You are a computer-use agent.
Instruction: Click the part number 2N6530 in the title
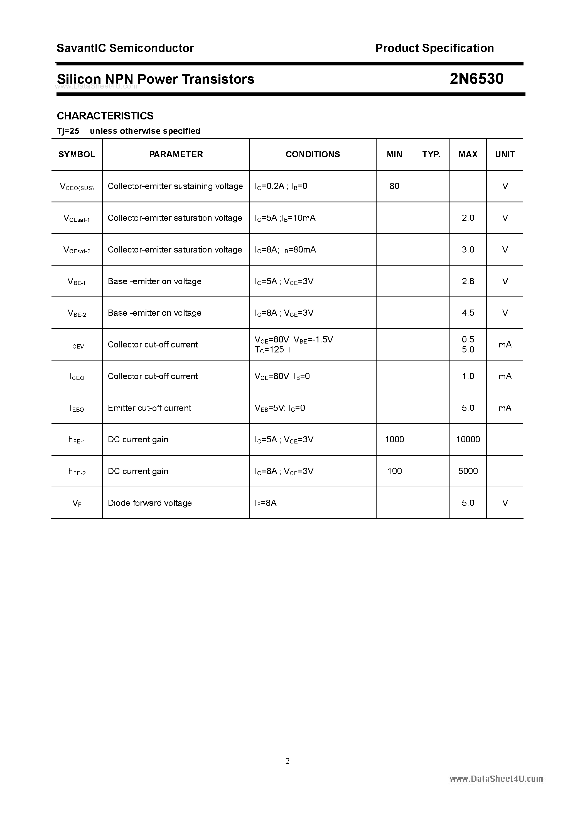[x=476, y=79]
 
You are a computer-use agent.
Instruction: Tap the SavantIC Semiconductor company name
[x=125, y=48]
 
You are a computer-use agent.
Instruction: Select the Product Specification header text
[x=434, y=48]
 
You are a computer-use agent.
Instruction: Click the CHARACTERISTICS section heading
[x=105, y=116]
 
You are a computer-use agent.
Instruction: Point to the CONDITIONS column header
[x=313, y=154]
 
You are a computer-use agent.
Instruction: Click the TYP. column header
[x=431, y=154]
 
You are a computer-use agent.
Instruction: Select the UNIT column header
[x=505, y=154]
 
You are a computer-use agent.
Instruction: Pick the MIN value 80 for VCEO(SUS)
[x=394, y=186]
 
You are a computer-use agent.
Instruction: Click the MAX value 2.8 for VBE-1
[x=468, y=281]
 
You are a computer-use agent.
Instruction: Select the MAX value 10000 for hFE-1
[x=468, y=439]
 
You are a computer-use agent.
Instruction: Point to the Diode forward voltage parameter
[x=150, y=503]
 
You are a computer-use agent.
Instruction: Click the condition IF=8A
[x=266, y=503]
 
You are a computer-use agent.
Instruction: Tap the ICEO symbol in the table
[x=77, y=376]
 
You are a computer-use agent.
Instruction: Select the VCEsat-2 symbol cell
[x=77, y=250]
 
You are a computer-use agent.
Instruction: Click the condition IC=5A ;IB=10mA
[x=285, y=218]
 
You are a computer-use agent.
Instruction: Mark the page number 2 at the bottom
[x=287, y=761]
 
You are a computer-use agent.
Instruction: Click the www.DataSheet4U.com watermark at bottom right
[x=496, y=779]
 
